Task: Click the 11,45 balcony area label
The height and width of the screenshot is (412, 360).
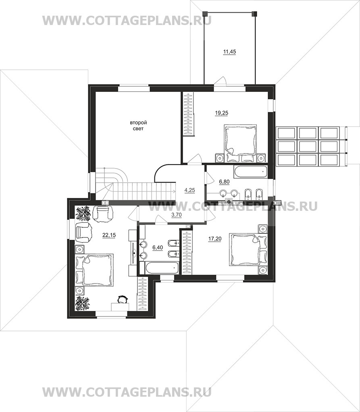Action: tap(229, 52)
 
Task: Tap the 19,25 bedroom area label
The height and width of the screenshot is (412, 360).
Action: tap(221, 113)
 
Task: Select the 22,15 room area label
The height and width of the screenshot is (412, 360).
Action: tap(109, 235)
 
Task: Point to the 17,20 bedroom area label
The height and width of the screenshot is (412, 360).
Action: tap(215, 239)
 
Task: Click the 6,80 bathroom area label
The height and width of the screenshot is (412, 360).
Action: tap(224, 181)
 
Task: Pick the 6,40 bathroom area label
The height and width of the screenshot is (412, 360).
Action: tap(157, 247)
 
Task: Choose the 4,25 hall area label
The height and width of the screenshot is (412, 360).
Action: tap(190, 190)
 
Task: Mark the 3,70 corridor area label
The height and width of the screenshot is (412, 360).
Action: tap(176, 215)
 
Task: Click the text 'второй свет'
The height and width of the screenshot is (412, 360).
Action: tap(139, 126)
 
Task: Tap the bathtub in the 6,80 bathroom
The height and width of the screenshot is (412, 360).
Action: tap(250, 171)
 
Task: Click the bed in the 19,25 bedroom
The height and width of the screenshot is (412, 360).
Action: tap(240, 143)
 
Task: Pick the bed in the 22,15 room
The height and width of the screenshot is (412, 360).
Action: tap(94, 270)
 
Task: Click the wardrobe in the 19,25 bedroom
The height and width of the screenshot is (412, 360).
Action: tap(188, 114)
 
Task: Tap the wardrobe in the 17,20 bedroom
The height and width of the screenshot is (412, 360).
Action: tap(186, 252)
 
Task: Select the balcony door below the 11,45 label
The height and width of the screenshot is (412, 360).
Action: tap(220, 81)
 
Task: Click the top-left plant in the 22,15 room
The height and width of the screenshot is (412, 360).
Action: tap(83, 213)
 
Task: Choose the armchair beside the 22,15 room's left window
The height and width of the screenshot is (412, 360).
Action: tap(84, 232)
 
